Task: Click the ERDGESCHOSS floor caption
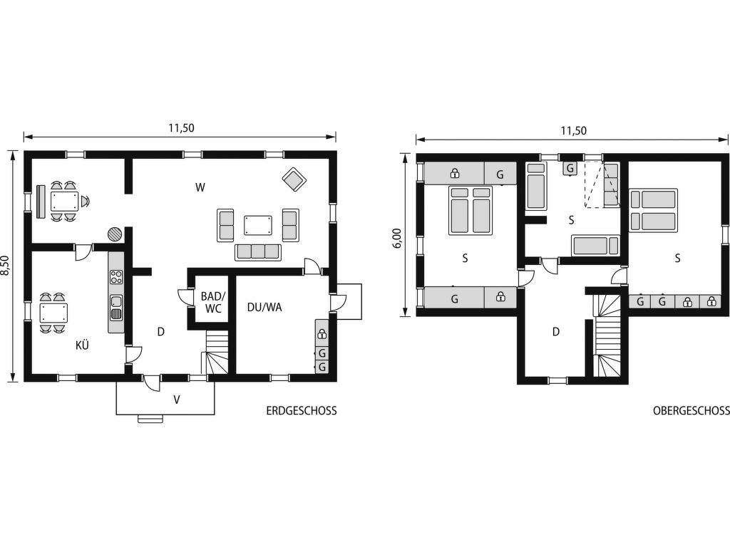(302, 411)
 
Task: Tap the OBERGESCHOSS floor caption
(691, 411)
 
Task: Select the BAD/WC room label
(212, 302)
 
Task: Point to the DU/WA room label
(264, 308)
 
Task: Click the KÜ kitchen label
(83, 345)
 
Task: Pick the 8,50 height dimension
(6, 266)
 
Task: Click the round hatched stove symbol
(115, 234)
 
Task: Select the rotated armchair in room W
(294, 179)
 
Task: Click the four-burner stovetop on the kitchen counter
(116, 277)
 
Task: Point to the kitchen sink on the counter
(116, 307)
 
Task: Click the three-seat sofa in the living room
(258, 251)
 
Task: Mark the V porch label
(177, 400)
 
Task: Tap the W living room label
(200, 187)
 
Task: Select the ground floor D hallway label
(161, 332)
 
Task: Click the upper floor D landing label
(555, 332)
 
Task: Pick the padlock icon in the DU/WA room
(322, 333)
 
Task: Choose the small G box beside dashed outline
(570, 168)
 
